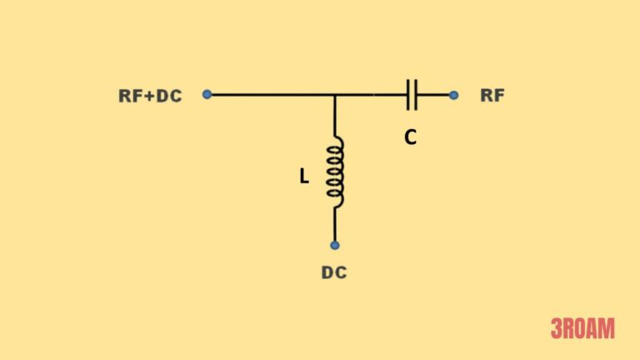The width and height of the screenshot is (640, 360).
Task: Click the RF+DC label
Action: point(150,95)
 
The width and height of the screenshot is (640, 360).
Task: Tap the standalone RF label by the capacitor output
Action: point(492,95)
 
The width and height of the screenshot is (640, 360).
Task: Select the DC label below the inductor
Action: point(334,272)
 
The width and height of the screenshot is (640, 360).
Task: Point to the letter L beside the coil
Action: point(304,177)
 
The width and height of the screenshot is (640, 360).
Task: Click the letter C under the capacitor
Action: point(410,138)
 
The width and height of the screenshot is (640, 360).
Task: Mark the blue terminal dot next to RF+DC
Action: point(207,94)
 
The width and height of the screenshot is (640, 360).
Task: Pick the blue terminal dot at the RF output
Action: point(453,95)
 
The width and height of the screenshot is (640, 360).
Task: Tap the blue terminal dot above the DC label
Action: point(334,245)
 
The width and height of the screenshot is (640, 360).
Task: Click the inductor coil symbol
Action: point(335,170)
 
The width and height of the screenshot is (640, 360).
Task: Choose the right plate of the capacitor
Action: point(416,95)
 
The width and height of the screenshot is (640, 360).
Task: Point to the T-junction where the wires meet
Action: point(335,95)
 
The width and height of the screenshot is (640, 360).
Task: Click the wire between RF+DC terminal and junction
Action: point(271,95)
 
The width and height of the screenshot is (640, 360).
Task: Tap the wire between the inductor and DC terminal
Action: point(335,223)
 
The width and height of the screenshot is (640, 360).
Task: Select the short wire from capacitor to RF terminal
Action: point(434,95)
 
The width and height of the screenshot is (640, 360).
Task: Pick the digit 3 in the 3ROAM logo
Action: point(556,329)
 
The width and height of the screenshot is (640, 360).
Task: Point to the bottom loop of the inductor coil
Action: point(335,196)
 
